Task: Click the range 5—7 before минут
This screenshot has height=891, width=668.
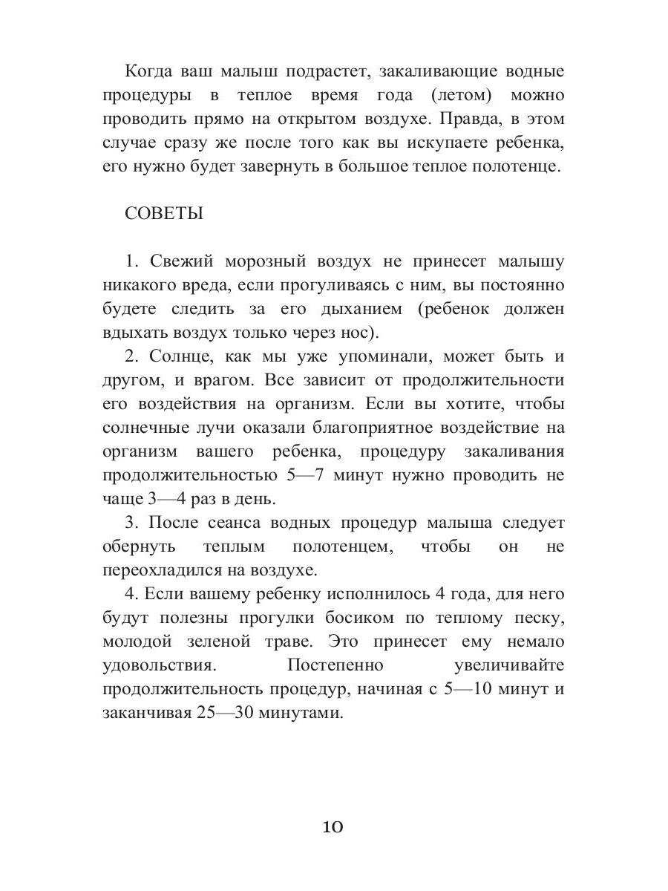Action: tap(303, 474)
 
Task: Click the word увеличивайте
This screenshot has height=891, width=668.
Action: tap(508, 665)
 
